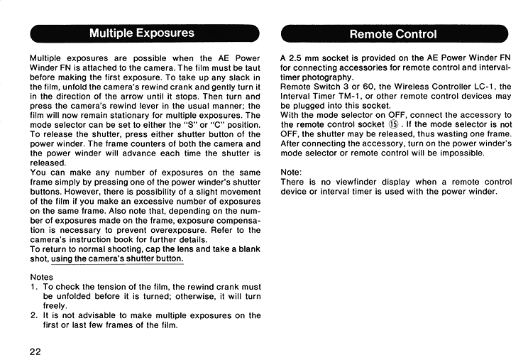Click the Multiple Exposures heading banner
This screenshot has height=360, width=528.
[142, 33]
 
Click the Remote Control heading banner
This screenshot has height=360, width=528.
[394, 33]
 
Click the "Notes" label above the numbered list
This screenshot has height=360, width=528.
[43, 276]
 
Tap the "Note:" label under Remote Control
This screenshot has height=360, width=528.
[292, 172]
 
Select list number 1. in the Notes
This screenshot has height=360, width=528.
[34, 286]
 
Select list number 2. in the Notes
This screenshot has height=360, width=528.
[34, 315]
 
